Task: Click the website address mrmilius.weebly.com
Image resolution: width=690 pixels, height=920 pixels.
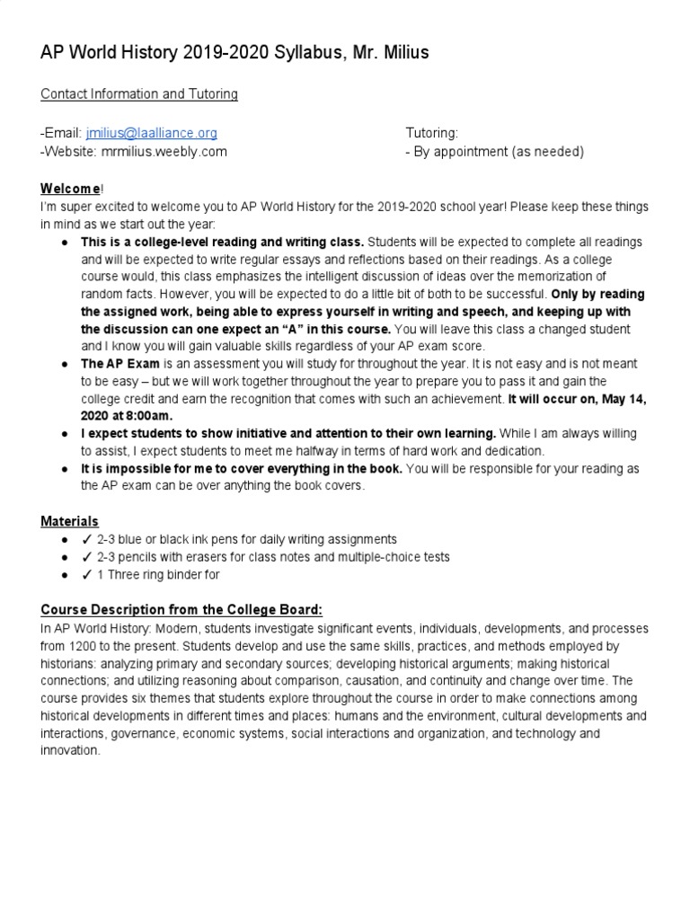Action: coord(163,152)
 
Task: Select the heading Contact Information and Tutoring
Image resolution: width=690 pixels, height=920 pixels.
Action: coord(139,93)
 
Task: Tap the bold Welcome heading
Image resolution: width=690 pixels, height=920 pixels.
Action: coord(71,189)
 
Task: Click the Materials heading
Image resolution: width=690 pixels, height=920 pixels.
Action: coord(69,521)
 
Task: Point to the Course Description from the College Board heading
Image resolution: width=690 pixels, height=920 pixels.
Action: coord(181,610)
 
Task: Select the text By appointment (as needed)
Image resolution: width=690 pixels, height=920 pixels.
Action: coord(499,152)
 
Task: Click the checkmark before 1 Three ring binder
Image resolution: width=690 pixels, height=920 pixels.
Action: coord(87,575)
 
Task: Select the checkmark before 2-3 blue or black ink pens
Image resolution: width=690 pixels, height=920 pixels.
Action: coord(87,539)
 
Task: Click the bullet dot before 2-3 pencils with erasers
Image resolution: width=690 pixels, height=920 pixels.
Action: coord(66,557)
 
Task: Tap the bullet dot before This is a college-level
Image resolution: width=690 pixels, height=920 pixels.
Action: coord(66,243)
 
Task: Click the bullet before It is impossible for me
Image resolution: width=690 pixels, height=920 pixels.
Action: coord(66,468)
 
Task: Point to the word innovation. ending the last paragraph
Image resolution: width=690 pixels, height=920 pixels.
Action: coord(70,751)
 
